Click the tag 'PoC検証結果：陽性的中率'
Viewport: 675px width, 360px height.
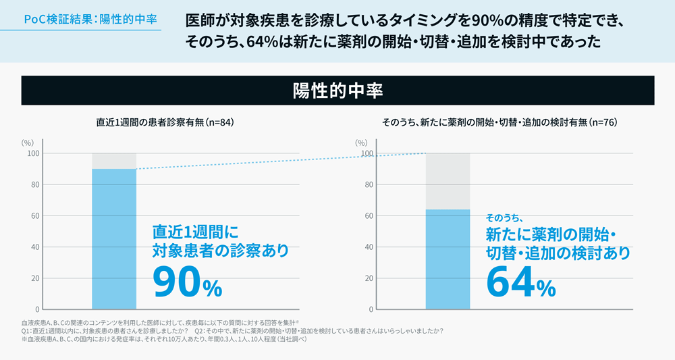coord(90,19)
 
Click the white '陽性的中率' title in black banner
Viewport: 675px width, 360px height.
coord(337,91)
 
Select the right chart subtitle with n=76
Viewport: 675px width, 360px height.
coord(500,123)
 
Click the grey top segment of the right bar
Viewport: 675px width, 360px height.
coord(448,181)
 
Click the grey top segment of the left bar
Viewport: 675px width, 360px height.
coord(114,161)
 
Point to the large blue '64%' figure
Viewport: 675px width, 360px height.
coord(520,282)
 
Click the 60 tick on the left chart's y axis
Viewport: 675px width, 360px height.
coord(32,216)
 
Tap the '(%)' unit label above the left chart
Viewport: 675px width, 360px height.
coord(28,143)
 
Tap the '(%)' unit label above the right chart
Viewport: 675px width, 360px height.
coord(362,143)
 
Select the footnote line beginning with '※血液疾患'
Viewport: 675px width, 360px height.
coord(165,339)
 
